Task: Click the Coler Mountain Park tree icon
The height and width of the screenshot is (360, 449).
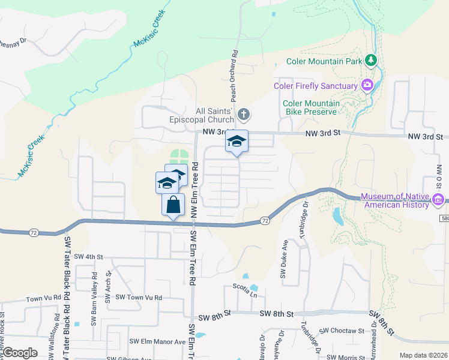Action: (372, 60)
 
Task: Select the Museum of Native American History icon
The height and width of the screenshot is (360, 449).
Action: (439, 199)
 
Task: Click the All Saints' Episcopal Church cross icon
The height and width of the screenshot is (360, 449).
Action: (243, 113)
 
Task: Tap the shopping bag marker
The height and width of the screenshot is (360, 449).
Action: (173, 204)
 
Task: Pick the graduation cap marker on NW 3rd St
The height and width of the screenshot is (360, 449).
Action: (237, 141)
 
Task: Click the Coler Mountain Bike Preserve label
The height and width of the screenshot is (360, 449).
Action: (311, 107)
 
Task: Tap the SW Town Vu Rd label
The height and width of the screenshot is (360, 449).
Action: (139, 297)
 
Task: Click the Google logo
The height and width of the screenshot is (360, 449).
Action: (20, 353)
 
